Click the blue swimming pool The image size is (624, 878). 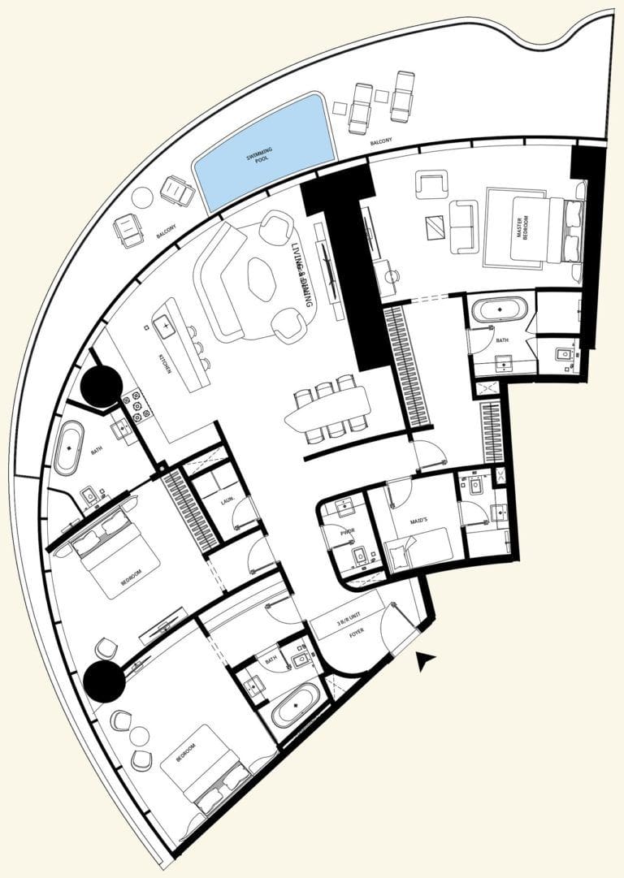pyautogui.click(x=265, y=152)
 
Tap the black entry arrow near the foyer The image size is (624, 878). pyautogui.click(x=423, y=662)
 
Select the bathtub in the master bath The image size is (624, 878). pyautogui.click(x=500, y=310)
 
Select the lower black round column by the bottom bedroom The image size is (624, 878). pyautogui.click(x=105, y=681)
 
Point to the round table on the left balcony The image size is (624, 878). pyautogui.click(x=142, y=197)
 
